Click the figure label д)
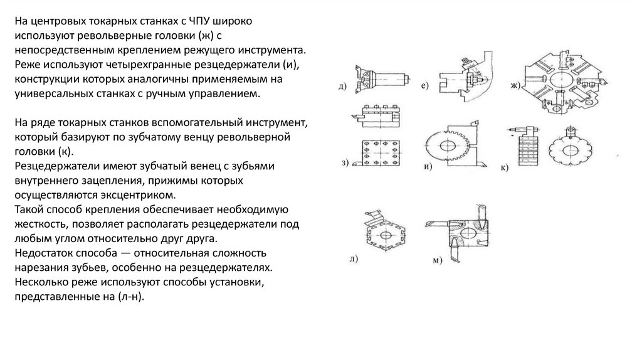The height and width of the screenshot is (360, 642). pyautogui.click(x=342, y=86)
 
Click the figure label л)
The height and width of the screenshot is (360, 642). pyautogui.click(x=353, y=258)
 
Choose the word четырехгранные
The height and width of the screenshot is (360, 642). pyautogui.click(x=150, y=66)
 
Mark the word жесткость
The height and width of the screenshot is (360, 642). pyautogui.click(x=41, y=224)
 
